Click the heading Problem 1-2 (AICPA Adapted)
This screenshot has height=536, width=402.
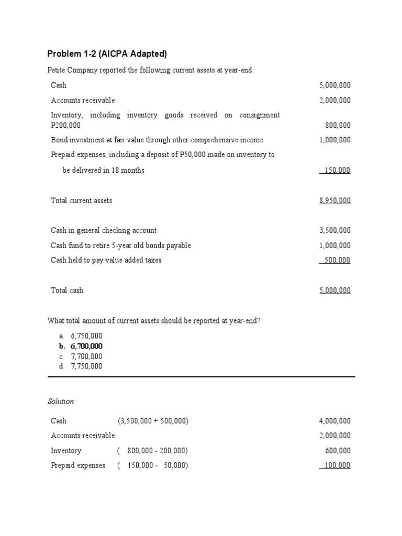(107, 54)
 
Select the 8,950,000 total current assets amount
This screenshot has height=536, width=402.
(335, 200)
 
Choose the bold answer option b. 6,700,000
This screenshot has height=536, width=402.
(81, 346)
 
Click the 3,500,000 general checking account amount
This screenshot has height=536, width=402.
(335, 230)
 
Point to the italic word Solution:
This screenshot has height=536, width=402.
(61, 401)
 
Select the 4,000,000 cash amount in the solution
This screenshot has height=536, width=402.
(335, 421)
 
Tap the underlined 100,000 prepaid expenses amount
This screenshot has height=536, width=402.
(337, 465)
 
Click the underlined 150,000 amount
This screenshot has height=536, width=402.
(337, 170)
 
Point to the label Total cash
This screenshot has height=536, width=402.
(67, 291)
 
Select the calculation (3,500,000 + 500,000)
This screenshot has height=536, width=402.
(153, 421)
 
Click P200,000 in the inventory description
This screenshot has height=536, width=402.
(65, 126)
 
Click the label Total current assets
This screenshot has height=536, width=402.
(81, 200)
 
